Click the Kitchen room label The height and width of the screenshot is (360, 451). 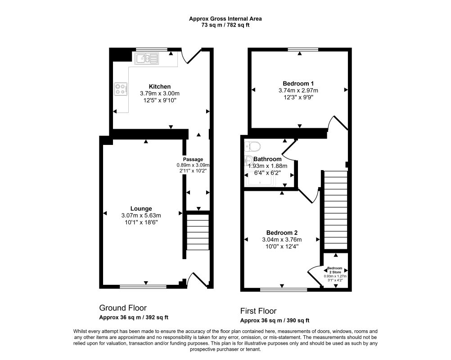tap(160, 86)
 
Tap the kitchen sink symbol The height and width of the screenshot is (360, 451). tap(147, 58)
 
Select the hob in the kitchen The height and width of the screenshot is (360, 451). tap(121, 89)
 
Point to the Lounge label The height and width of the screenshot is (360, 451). tap(141, 209)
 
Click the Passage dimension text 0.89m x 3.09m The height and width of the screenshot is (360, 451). tap(193, 165)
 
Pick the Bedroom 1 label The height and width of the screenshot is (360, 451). tap(298, 84)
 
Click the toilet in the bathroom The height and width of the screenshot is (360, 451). tap(252, 146)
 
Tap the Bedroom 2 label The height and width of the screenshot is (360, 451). tap(282, 233)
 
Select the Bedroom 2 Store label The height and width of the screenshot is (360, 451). tap(335, 270)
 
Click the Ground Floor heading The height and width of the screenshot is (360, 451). tap(123, 308)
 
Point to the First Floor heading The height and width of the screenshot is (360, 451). tap(258, 311)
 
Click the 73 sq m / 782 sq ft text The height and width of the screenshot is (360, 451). tap(225, 25)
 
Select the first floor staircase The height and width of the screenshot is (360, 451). tap(336, 210)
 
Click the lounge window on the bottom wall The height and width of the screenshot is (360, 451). tap(143, 286)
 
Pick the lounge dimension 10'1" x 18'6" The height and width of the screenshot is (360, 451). tap(141, 223)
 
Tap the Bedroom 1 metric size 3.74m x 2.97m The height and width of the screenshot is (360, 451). tap(298, 90)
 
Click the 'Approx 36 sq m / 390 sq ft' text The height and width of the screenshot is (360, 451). tap(275, 320)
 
